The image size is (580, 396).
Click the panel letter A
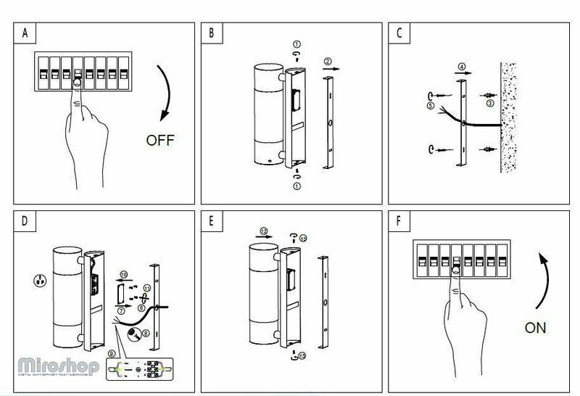(27, 33)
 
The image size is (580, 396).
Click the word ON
(536, 327)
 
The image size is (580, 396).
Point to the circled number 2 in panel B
(328, 61)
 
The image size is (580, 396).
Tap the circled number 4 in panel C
(461, 66)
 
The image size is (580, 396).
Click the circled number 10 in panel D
(123, 274)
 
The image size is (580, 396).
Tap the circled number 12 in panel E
(264, 230)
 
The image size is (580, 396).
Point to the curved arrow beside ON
(545, 279)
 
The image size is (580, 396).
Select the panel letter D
(27, 222)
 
